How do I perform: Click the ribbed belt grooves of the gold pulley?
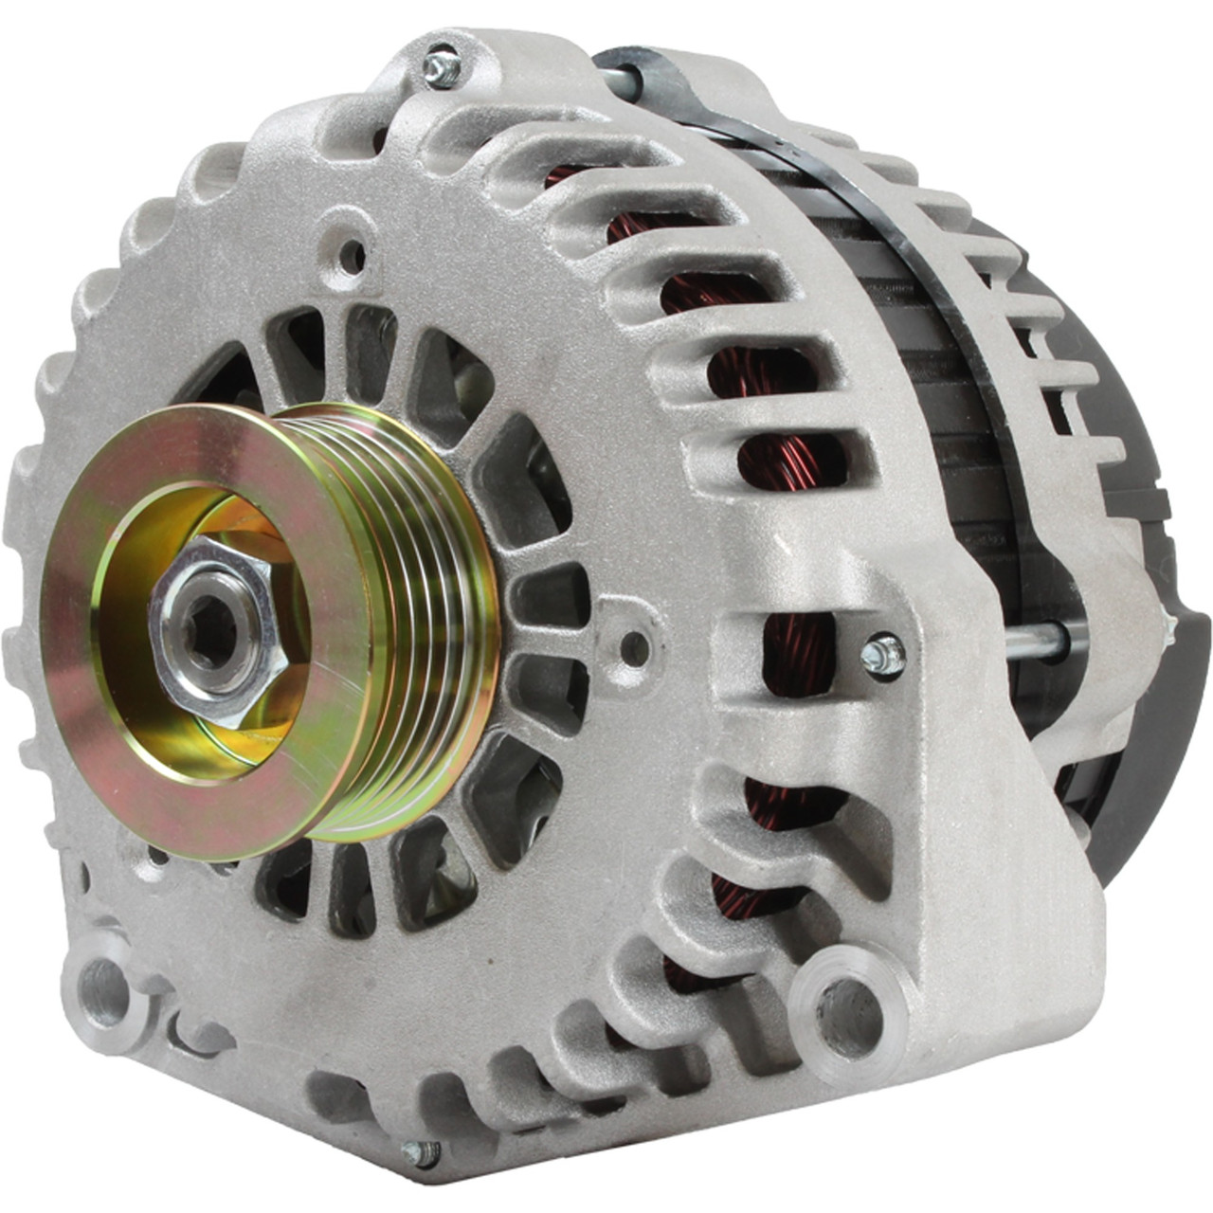click(417, 606)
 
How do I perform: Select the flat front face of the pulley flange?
click(104, 720)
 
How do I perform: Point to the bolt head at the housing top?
click(442, 68)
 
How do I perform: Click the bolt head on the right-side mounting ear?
click(884, 655)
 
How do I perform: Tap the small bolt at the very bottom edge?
click(420, 1152)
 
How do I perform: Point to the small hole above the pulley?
click(352, 254)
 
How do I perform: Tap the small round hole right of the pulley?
click(633, 648)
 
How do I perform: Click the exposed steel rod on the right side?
click(1033, 643)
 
